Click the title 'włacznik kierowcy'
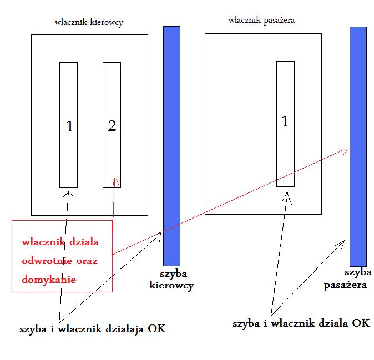click(x=89, y=23)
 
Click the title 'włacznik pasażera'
click(x=261, y=20)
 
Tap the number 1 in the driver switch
click(x=69, y=127)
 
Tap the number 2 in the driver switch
click(x=112, y=126)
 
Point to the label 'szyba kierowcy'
click(x=171, y=280)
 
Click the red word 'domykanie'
click(x=49, y=280)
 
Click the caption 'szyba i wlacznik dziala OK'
click(x=301, y=323)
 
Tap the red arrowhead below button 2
click(x=115, y=181)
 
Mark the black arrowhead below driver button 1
click(x=69, y=194)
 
